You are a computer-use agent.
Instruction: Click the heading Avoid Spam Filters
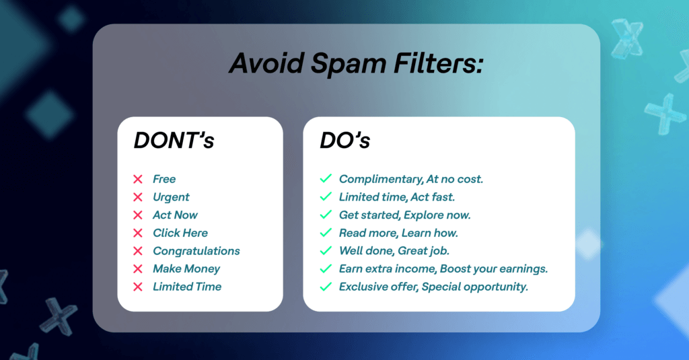356,63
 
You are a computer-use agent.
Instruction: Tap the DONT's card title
174,141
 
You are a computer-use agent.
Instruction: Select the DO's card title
345,141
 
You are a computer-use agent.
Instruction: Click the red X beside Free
138,179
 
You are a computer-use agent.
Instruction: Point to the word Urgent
171,197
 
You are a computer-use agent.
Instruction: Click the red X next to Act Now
138,215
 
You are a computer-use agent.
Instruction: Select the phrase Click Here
180,233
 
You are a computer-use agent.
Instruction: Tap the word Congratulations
196,251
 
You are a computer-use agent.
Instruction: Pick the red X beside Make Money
138,268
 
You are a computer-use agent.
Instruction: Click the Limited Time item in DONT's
187,287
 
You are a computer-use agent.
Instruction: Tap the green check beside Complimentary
326,178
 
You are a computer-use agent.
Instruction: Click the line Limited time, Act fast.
397,197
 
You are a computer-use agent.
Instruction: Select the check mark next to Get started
326,215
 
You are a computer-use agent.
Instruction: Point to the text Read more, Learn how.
398,233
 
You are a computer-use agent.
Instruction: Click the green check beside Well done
326,250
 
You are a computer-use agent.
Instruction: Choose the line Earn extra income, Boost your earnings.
443,269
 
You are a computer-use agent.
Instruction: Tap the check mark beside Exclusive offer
326,287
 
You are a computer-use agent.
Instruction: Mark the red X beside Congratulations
138,251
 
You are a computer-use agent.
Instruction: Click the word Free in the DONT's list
164,179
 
